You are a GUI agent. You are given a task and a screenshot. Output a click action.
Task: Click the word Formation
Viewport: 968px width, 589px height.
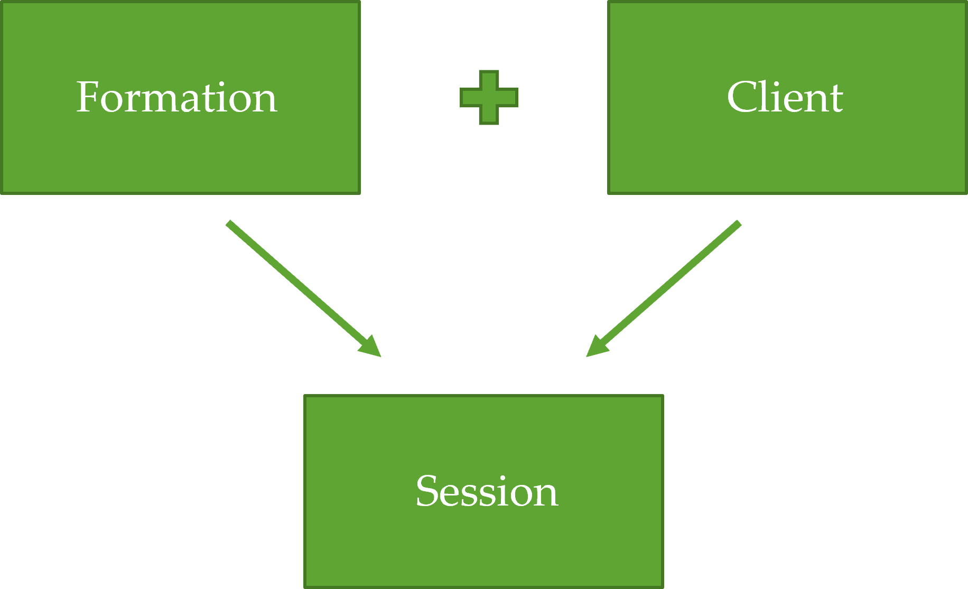[x=176, y=98]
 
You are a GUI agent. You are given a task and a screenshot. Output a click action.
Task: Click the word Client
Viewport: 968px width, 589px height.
[x=785, y=98]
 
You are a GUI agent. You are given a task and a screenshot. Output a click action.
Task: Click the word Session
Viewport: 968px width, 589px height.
[x=487, y=491]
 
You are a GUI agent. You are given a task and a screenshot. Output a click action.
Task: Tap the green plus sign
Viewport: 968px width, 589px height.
[x=489, y=98]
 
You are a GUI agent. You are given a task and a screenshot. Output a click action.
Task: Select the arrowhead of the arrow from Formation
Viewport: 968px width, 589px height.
[x=371, y=348]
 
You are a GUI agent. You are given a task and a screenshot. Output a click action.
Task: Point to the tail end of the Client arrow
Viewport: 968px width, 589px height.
[x=739, y=223]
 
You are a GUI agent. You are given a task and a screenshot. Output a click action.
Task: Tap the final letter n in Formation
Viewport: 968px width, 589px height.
[x=265, y=101]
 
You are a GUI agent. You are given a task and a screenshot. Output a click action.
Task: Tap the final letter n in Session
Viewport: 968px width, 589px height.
[x=546, y=495]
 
